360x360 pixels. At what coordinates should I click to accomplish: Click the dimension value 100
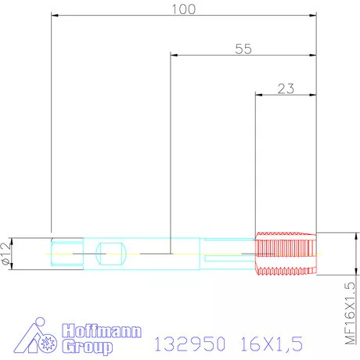pyautogui.click(x=183, y=9)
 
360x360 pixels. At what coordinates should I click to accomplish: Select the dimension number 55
pyautogui.click(x=243, y=49)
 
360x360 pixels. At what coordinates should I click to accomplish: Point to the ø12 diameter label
pyautogui.click(x=7, y=253)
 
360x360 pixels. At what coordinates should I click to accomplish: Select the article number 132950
pyautogui.click(x=190, y=344)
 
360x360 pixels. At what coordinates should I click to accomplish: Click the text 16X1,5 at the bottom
pyautogui.click(x=268, y=344)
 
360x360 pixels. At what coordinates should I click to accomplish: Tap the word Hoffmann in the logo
pyautogui.click(x=102, y=331)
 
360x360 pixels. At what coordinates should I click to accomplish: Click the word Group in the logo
pyautogui.click(x=88, y=345)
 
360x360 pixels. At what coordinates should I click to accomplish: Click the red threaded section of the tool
pyautogui.click(x=286, y=254)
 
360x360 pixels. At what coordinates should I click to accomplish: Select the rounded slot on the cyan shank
pyautogui.click(x=110, y=253)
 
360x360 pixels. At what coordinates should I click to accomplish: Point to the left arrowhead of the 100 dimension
pyautogui.click(x=54, y=14)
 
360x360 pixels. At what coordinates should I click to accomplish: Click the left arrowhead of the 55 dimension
pyautogui.click(x=175, y=55)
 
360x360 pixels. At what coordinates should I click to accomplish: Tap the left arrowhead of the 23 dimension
pyautogui.click(x=260, y=95)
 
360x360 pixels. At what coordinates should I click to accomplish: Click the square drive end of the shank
pyautogui.click(x=64, y=253)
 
